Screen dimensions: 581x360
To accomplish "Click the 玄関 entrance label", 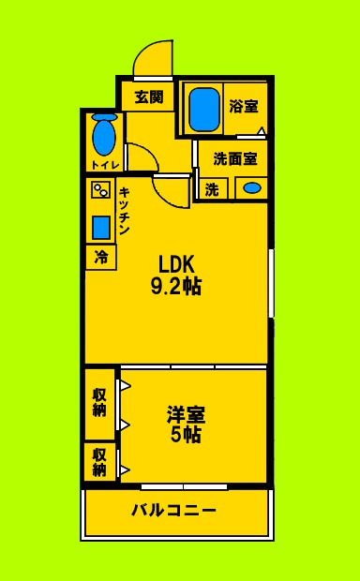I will tap(148, 96).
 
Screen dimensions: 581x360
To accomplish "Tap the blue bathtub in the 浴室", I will tap(203, 109).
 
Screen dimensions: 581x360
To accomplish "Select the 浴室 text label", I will tap(244, 107).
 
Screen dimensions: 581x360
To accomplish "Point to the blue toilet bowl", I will tap(104, 137).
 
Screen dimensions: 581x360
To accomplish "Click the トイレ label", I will tap(103, 166).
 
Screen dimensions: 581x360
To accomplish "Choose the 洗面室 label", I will tap(234, 157).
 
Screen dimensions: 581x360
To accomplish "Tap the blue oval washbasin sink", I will tap(251, 188).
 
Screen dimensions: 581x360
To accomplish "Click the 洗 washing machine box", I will tap(212, 189).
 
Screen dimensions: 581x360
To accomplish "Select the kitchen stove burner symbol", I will tap(100, 190).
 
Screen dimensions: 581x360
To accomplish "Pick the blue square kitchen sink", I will tap(100, 227).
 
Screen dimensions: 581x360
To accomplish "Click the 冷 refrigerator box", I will tap(100, 258).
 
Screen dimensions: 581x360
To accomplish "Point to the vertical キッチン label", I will tap(123, 212).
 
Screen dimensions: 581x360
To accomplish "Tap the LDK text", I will tap(175, 263).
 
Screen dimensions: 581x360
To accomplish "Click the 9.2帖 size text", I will tap(175, 286).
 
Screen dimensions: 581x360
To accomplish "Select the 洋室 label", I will tap(187, 413).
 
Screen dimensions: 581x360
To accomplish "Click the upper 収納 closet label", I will tap(99, 402).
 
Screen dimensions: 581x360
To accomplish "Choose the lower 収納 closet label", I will tap(99, 461).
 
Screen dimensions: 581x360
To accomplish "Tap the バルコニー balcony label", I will tap(173, 511).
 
